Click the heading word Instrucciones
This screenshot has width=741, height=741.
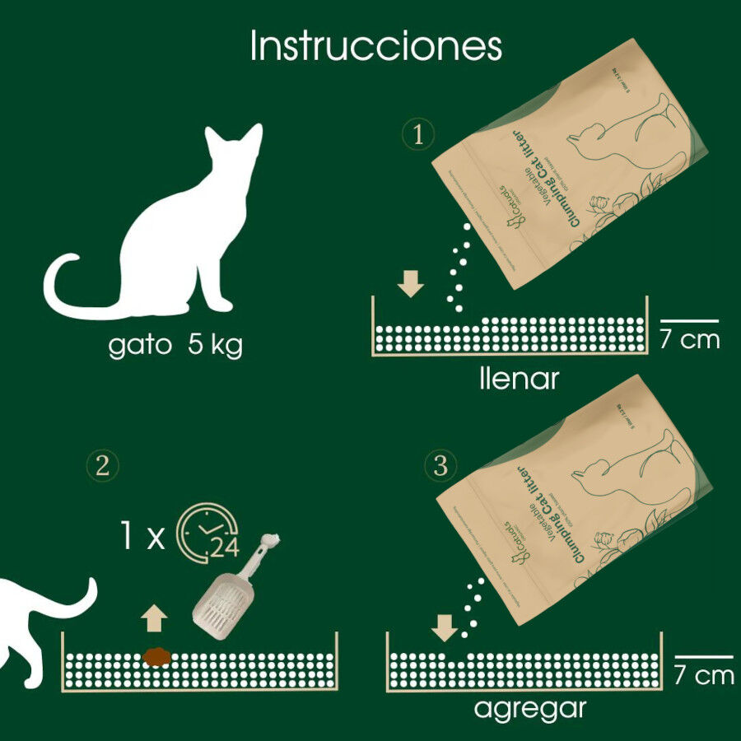[x=375, y=47]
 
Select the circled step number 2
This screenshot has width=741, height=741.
[x=103, y=466]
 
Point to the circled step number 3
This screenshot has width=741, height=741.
[x=440, y=467]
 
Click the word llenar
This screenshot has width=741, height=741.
[x=519, y=379]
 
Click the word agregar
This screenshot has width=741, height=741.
[x=530, y=707]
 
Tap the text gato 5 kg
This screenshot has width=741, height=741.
[x=175, y=345]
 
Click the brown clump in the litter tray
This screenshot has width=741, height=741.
[x=156, y=656]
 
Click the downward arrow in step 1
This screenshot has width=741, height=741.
[x=410, y=284]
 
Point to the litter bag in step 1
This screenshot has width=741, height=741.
[x=568, y=165]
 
